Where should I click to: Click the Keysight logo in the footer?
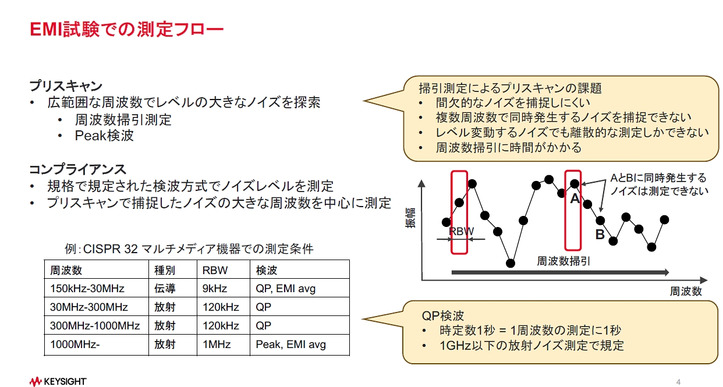58,381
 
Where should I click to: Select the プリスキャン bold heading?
66,86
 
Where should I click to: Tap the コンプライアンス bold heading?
77,169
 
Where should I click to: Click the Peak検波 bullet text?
104,136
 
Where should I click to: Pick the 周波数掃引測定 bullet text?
123,120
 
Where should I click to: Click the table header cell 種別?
165,270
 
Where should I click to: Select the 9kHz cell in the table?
215,288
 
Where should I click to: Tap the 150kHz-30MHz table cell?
87,288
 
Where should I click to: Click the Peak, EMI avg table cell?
290,344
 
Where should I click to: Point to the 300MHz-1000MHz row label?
95,325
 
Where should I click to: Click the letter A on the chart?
575,199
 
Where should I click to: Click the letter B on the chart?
600,235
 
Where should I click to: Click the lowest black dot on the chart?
511,263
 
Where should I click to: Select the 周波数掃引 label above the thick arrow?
563,261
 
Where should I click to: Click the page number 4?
678,382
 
